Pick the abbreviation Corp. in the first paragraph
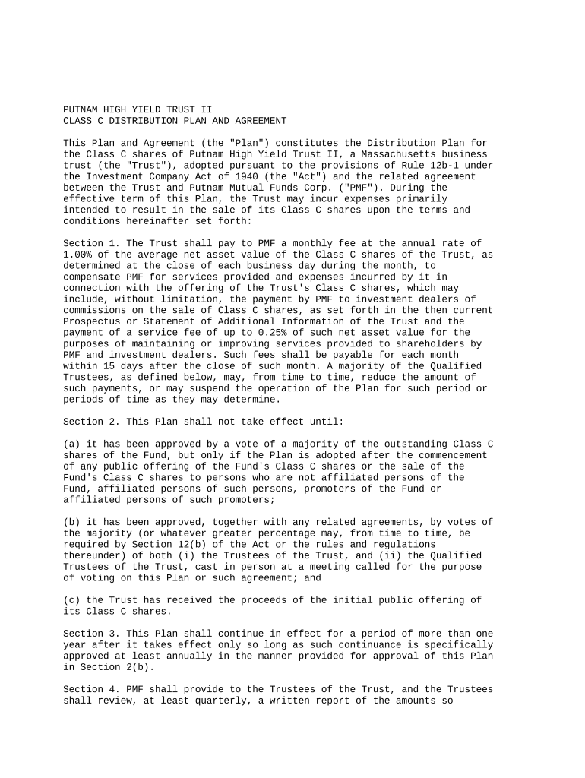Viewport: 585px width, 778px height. point(295,188)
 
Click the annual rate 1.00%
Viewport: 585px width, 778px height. point(79,255)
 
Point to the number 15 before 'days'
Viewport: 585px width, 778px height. point(105,366)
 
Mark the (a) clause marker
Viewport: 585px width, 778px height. point(71,444)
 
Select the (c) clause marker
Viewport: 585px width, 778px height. point(71,600)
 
